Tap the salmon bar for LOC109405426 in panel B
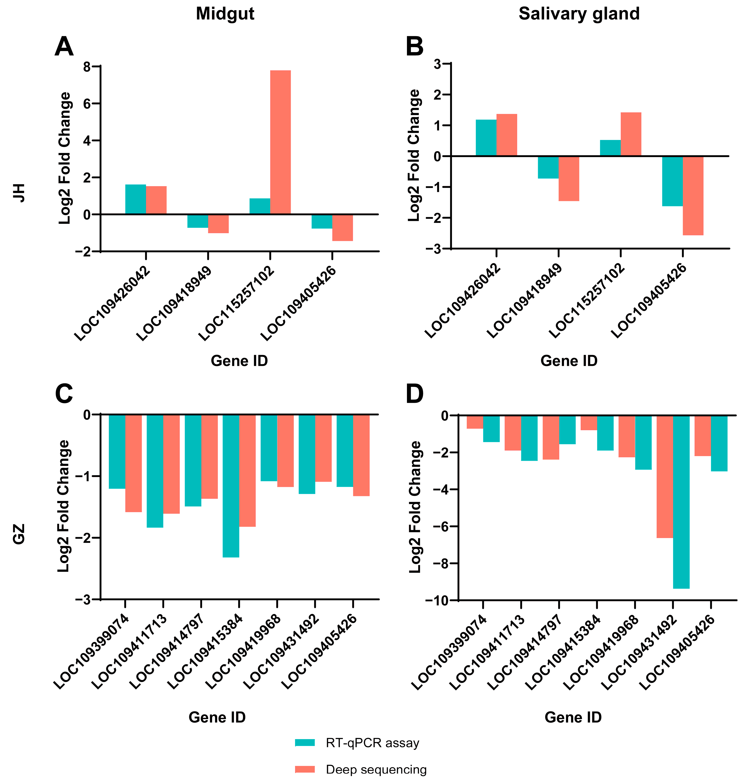[x=693, y=196]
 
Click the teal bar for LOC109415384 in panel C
[x=231, y=486]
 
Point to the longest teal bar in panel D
[x=681, y=502]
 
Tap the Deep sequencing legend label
[x=376, y=769]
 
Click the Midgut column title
[x=225, y=14]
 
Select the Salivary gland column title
[x=579, y=14]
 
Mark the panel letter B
[x=414, y=47]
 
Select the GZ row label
[x=19, y=534]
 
